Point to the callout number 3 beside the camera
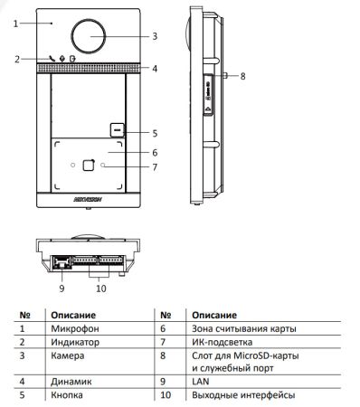coord(155,36)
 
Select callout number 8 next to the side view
coord(242,76)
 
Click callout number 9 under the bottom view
coord(62,289)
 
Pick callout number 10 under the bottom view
coord(100,289)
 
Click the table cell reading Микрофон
coord(70,330)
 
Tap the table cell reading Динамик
coord(68,383)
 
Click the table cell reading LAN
coord(200,383)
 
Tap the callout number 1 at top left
coord(16,23)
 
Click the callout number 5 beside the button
coord(155,133)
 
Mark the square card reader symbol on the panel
coord(87,165)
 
